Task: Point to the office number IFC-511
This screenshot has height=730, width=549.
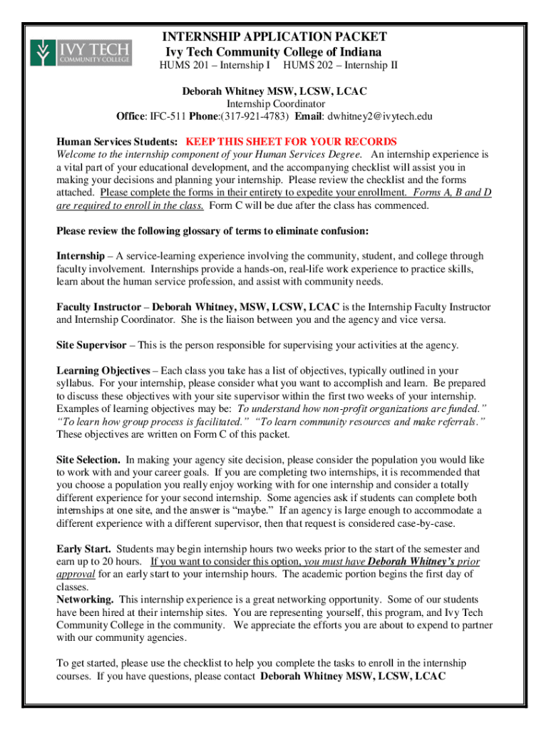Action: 170,116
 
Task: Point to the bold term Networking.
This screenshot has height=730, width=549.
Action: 85,600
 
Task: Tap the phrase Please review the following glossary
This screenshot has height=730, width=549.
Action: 150,231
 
